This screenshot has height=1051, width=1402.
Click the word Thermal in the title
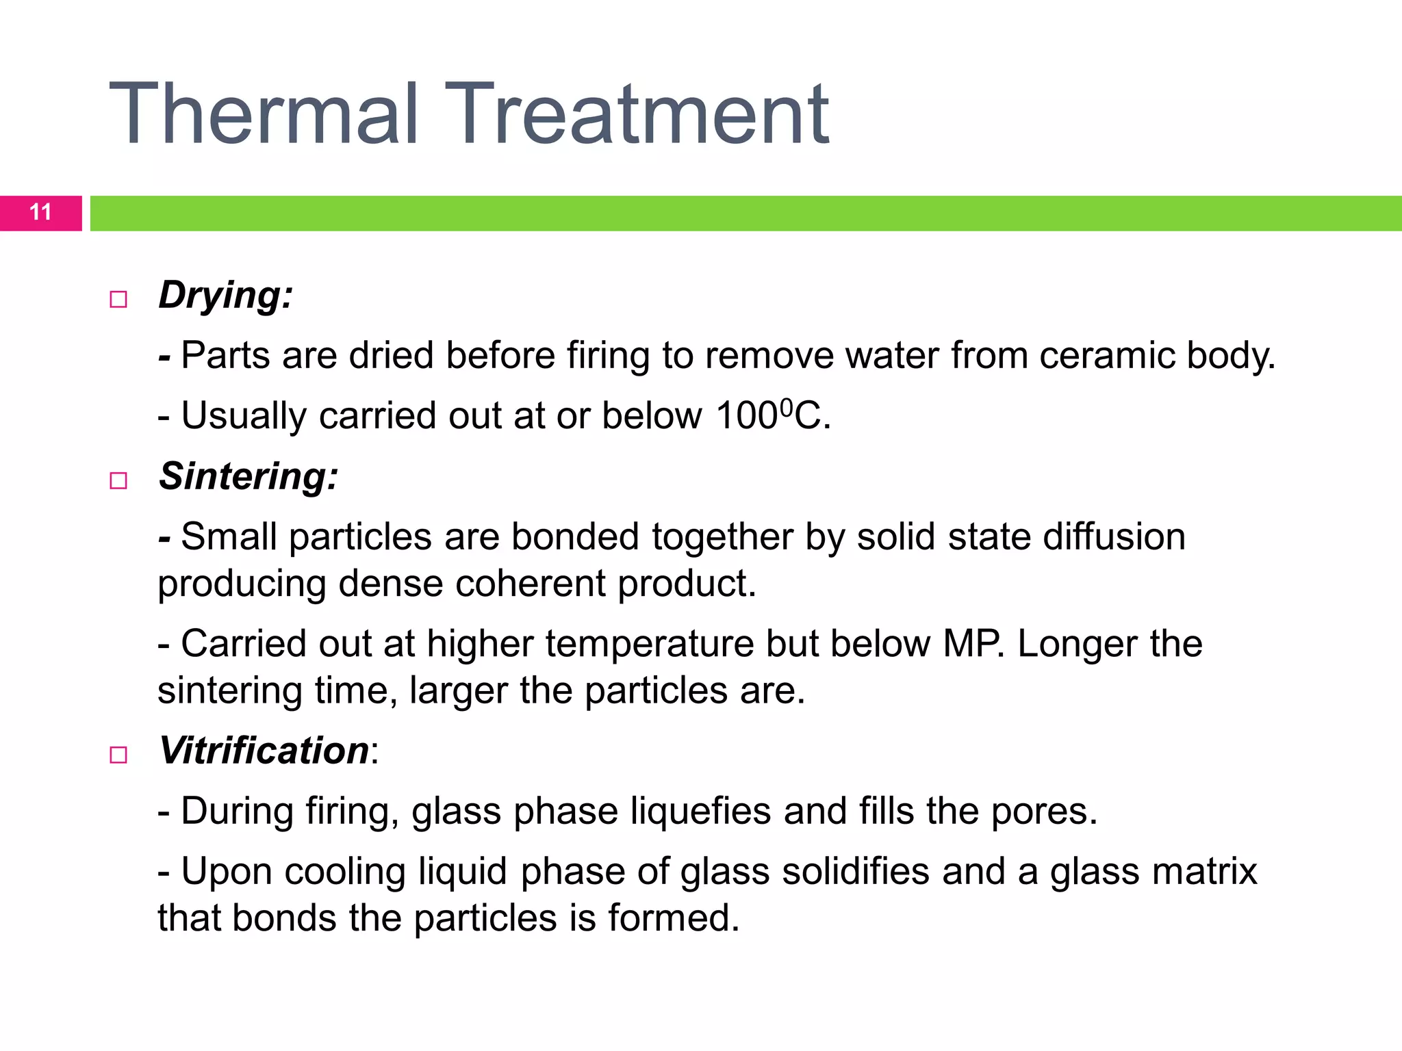tap(264, 114)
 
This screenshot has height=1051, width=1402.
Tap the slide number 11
tap(40, 213)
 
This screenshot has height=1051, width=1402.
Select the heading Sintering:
tap(248, 476)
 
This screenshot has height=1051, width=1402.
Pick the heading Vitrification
tap(264, 751)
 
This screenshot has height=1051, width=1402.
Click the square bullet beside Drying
tap(118, 300)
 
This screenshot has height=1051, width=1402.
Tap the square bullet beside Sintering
tap(118, 480)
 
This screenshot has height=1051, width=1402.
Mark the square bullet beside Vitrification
tap(118, 755)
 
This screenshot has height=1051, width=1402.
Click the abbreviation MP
tap(973, 644)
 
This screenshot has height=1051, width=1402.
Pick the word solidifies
tap(856, 872)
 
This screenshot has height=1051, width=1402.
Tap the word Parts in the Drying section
tap(225, 356)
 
